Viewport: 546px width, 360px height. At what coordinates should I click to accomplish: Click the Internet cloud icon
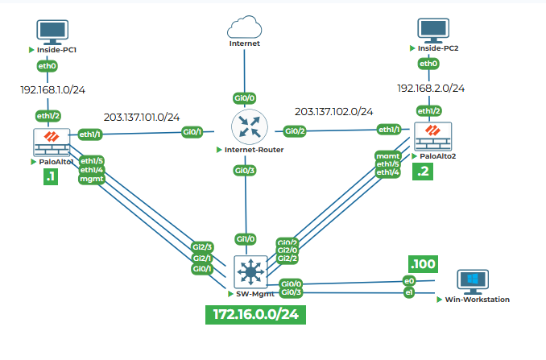(x=245, y=27)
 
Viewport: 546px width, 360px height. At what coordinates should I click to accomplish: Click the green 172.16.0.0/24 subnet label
(x=255, y=314)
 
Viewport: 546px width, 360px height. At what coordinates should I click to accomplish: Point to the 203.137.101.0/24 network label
(x=142, y=117)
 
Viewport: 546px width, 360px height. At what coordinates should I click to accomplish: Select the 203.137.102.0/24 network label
(x=333, y=111)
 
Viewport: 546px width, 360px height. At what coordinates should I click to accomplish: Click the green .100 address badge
(x=422, y=264)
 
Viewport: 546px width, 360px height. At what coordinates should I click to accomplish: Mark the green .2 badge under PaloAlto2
(x=424, y=171)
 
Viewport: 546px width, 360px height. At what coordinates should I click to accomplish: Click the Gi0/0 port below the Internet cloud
(x=245, y=97)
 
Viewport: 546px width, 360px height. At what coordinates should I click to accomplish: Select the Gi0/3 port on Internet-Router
(x=245, y=170)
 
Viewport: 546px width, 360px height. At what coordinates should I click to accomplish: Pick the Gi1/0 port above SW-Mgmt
(x=245, y=239)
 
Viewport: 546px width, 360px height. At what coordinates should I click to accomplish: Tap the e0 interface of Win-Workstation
(x=409, y=281)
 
